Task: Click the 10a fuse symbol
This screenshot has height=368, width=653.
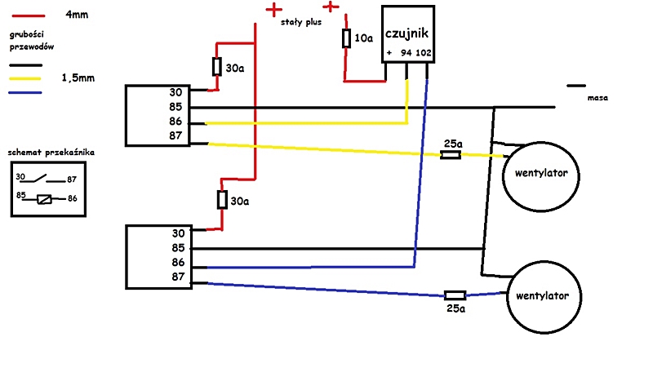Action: pos(346,38)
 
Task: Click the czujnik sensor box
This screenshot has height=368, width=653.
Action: pos(409,33)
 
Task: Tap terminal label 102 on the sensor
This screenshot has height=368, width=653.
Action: pos(424,53)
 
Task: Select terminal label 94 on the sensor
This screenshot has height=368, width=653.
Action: pos(405,53)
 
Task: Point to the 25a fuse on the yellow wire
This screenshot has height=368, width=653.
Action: pos(450,154)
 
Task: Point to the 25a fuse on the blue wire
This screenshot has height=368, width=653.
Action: pos(454,295)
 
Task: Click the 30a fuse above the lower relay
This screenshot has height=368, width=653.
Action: pos(220,199)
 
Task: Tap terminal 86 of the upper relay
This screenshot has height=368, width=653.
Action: pos(175,122)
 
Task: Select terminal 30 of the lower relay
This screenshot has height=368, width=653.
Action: pos(179,233)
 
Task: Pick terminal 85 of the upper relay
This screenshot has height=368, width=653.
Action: pos(175,107)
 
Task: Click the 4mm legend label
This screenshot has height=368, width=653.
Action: pos(77,15)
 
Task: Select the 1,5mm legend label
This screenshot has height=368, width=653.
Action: pos(77,79)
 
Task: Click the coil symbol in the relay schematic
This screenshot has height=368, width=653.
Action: pos(47,198)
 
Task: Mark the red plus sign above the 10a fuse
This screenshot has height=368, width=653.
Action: pos(331,7)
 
